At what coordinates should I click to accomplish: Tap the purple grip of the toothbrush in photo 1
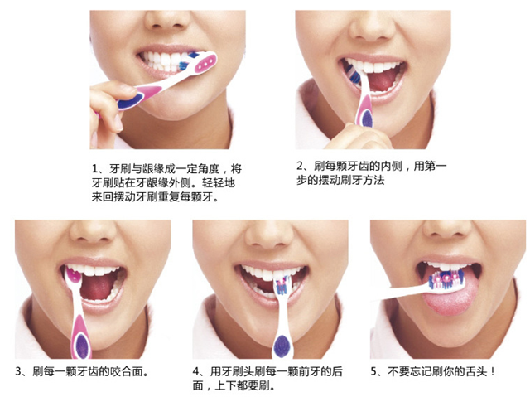(130, 101)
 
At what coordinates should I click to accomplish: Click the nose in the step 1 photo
(167, 19)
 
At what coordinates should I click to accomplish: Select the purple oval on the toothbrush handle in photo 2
(367, 117)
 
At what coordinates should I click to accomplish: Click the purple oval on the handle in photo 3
(82, 345)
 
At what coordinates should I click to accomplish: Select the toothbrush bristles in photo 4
(283, 285)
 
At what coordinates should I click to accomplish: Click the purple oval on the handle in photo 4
(282, 346)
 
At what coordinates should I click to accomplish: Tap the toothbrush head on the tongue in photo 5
(446, 280)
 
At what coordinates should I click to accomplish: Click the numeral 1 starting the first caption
(95, 168)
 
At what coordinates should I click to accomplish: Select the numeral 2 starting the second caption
(300, 166)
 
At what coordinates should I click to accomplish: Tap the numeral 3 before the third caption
(18, 371)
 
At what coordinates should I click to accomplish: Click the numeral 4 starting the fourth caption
(196, 371)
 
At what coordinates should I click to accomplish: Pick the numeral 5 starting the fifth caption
(373, 371)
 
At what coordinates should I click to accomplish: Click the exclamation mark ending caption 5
(493, 371)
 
